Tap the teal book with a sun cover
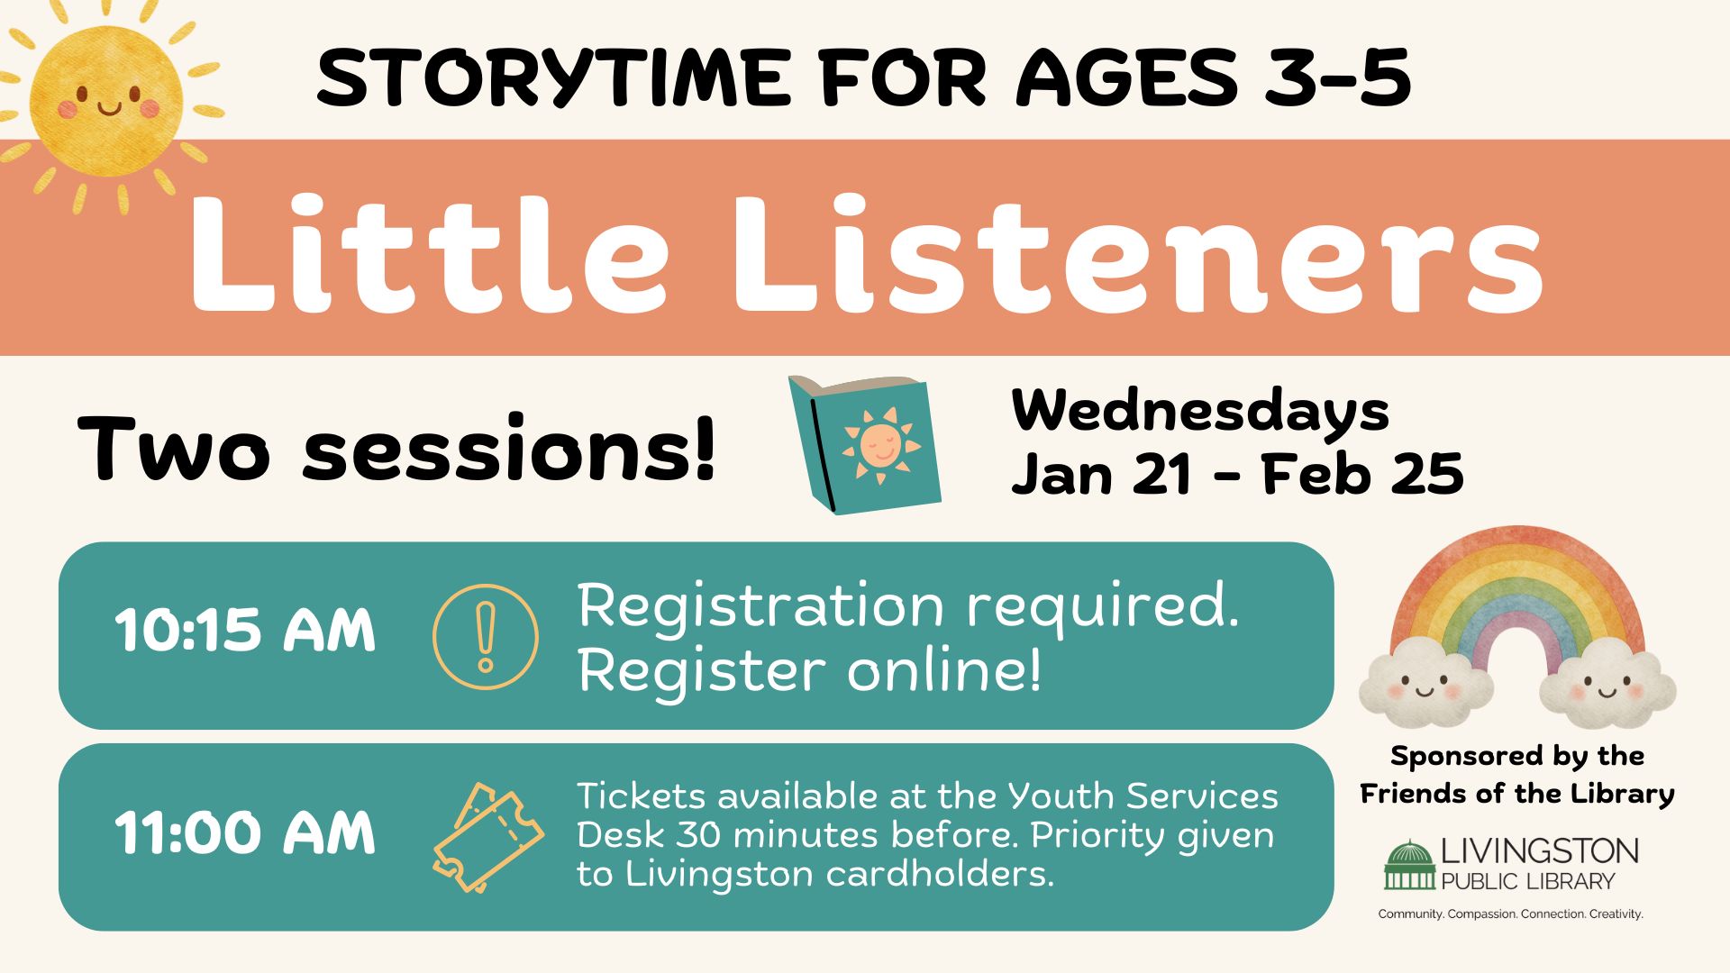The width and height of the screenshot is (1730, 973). tap(864, 445)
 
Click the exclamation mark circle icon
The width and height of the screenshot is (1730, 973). tap(486, 637)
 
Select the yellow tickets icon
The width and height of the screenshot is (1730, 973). tap(487, 838)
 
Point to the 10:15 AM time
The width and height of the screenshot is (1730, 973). tap(244, 630)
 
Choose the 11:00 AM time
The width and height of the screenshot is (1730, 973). tap(244, 832)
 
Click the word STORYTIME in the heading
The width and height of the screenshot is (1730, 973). tap(551, 77)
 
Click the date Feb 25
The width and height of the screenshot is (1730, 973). tap(1363, 475)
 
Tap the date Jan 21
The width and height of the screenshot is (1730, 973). tap(1103, 475)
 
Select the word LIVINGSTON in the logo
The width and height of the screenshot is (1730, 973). tap(1540, 851)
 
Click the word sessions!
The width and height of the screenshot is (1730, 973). tap(508, 448)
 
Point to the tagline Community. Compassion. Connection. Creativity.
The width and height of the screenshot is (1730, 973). tap(1511, 914)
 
